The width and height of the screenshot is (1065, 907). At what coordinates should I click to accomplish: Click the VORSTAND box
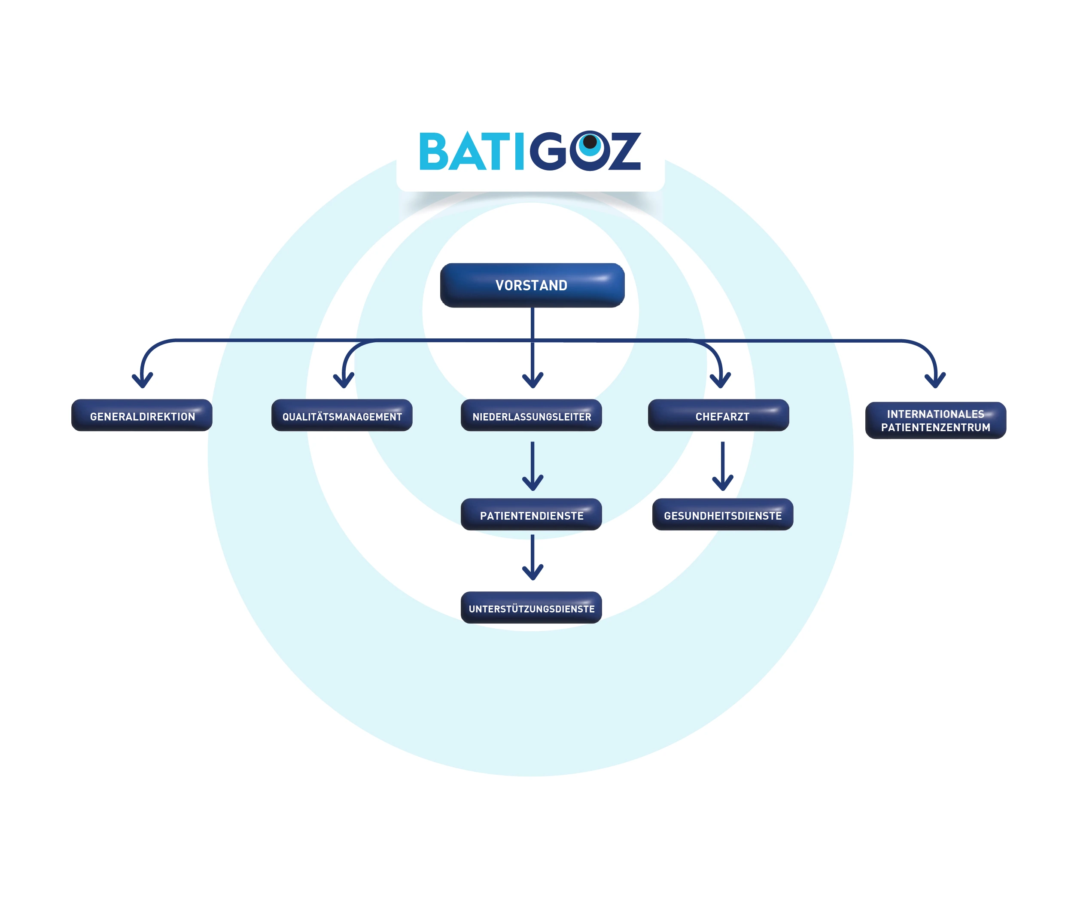(532, 285)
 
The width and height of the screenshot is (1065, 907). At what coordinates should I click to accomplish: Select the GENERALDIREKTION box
(142, 415)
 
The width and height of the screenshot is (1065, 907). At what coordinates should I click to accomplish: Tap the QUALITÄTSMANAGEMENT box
(342, 415)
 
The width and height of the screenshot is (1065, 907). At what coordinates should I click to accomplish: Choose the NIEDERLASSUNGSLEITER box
(532, 415)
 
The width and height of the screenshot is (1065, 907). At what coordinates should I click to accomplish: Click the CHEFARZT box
(718, 415)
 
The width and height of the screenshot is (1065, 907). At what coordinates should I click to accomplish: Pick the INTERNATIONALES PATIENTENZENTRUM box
(935, 420)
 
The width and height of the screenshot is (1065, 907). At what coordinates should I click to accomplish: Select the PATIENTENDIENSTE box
(532, 514)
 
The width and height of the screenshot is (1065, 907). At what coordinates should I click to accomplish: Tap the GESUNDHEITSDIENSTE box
(723, 514)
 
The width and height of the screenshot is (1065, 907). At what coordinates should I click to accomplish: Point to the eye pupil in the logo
(590, 141)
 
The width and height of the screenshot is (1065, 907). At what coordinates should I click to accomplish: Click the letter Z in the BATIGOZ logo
(624, 152)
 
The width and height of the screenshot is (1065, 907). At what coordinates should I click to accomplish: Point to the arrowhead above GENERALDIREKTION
(143, 381)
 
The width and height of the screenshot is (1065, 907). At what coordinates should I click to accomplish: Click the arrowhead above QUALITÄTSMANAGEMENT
(344, 381)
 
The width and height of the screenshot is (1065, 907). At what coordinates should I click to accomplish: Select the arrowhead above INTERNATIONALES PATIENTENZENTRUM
(935, 381)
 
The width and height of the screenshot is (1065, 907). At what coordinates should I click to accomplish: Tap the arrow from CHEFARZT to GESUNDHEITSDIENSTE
(723, 466)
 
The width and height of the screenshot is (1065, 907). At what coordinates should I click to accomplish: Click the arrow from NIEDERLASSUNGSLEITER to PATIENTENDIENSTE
(532, 466)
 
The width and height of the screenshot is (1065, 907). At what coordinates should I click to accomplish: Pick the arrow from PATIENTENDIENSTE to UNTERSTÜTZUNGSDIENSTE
(532, 557)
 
